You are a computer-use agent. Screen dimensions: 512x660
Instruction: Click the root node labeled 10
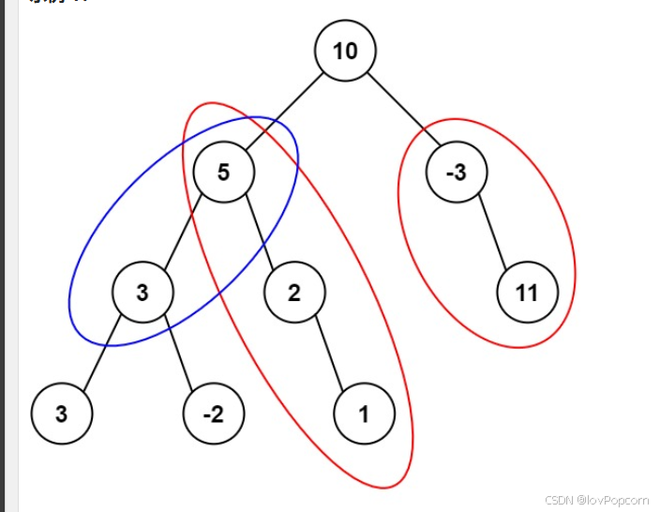345,51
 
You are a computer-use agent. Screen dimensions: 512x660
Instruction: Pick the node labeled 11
527,293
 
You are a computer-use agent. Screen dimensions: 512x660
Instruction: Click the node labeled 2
293,293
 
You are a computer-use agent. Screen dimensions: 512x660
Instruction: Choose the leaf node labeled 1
364,414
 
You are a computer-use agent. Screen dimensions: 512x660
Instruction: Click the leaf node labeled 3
61,414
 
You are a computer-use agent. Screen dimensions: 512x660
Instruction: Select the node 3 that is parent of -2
142,293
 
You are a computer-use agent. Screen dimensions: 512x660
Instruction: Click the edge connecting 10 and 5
284,111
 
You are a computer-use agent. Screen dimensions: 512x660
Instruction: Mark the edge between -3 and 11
491,232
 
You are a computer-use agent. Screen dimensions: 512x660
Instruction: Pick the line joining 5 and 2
259,232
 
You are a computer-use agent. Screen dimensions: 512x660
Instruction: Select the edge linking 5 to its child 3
183,232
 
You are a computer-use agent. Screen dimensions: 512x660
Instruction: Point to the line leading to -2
177,353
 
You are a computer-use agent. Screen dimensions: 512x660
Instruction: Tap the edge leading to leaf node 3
101,353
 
